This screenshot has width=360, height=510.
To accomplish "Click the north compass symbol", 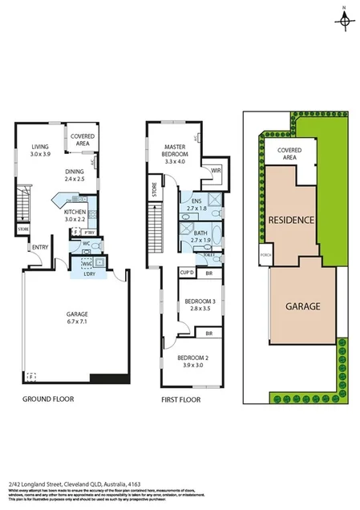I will tap(343, 19).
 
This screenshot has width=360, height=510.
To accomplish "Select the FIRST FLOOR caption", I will tap(180, 398).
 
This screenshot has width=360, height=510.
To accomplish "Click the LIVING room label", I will tap(40, 148).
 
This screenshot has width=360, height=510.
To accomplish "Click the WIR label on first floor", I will tap(216, 170).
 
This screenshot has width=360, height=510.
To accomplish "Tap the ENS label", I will tap(197, 201).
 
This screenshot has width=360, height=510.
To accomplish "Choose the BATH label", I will tap(200, 233).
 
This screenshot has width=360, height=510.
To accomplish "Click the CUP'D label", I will tap(188, 273).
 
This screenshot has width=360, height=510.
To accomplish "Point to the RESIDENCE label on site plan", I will tap(289, 220).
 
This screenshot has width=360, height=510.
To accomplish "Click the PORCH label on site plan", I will tap(265, 257).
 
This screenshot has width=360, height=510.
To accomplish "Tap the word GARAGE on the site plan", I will tap(301, 306).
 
